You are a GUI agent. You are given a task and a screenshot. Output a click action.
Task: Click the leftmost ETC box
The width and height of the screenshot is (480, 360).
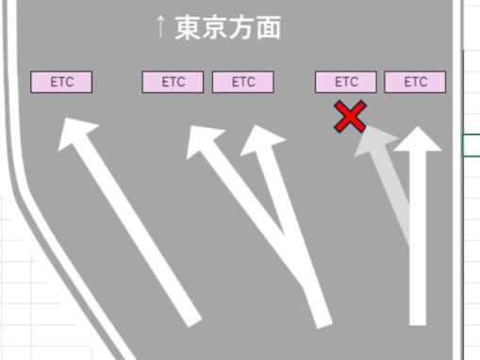click(62, 82)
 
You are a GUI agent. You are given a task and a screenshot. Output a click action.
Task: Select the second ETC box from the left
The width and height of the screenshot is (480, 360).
click(174, 82)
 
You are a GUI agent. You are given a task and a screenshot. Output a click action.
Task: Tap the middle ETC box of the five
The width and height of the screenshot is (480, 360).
click(243, 82)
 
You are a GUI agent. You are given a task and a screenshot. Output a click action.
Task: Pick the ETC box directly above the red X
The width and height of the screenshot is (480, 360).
click(346, 82)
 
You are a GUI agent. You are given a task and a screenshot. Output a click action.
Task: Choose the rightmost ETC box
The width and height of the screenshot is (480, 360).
click(415, 82)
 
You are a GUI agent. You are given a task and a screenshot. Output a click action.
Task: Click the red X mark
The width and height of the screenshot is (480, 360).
click(350, 118)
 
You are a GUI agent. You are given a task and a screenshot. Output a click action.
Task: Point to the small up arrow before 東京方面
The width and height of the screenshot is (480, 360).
click(161, 28)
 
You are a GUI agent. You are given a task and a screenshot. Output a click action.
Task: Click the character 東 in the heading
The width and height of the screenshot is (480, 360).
click(189, 28)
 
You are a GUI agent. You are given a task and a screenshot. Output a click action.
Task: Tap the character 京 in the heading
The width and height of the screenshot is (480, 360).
click(216, 28)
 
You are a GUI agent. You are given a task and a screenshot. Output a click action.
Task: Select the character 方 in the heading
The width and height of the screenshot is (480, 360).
click(242, 28)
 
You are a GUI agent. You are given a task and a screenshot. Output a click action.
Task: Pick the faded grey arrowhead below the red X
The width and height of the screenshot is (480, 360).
click(376, 144)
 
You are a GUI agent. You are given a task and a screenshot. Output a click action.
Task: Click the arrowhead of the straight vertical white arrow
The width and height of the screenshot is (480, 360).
click(417, 141)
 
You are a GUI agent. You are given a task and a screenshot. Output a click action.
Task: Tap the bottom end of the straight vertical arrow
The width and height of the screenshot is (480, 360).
click(418, 319)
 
